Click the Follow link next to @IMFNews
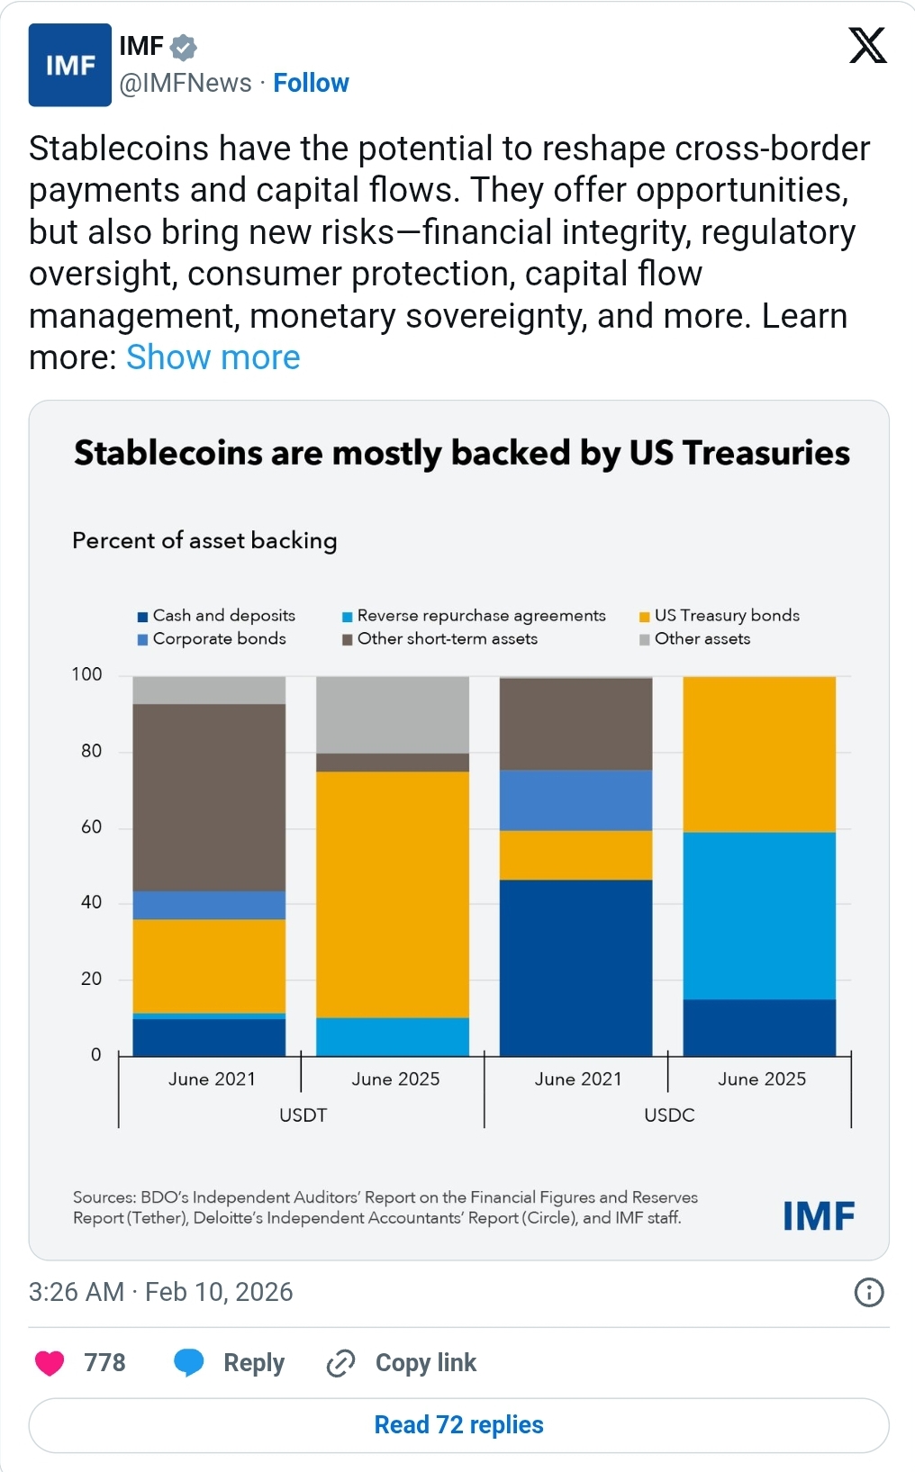click(311, 83)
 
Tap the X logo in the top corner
click(867, 45)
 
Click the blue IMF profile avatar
click(70, 65)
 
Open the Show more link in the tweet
click(213, 357)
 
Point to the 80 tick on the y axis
click(91, 751)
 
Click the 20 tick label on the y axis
click(91, 979)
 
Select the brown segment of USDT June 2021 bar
click(209, 797)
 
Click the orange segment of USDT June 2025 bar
click(393, 894)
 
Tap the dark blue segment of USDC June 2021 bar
click(575, 967)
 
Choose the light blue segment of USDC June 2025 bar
click(759, 915)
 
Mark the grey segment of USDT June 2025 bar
click(393, 714)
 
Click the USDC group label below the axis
click(669, 1115)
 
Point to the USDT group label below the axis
click(303, 1115)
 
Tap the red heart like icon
click(50, 1363)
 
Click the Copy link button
click(402, 1363)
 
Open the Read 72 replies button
click(458, 1425)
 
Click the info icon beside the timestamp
click(868, 1293)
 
